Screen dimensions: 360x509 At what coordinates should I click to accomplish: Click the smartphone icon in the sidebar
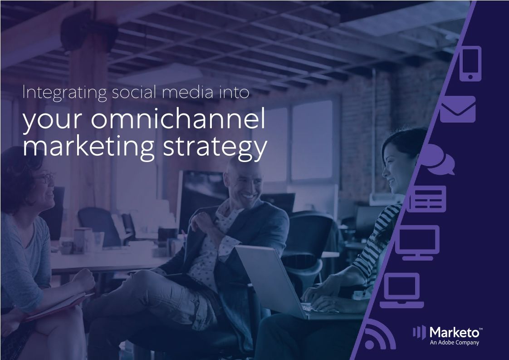470,64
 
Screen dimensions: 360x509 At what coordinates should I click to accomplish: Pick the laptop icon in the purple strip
401,291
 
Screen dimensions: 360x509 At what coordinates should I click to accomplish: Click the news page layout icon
427,198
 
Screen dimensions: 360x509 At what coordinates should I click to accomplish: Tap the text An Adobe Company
454,343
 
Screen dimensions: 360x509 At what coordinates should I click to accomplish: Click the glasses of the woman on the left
45,178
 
